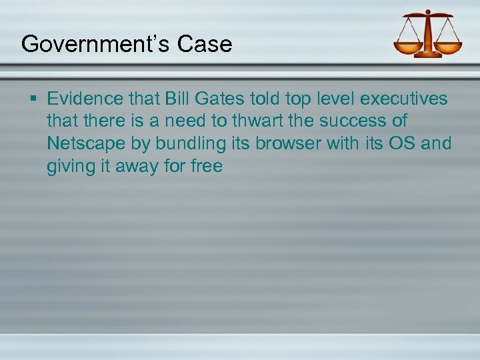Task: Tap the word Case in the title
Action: point(205,44)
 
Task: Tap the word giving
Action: point(71,166)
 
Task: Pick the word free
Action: point(206,165)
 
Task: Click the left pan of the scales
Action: point(408,46)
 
